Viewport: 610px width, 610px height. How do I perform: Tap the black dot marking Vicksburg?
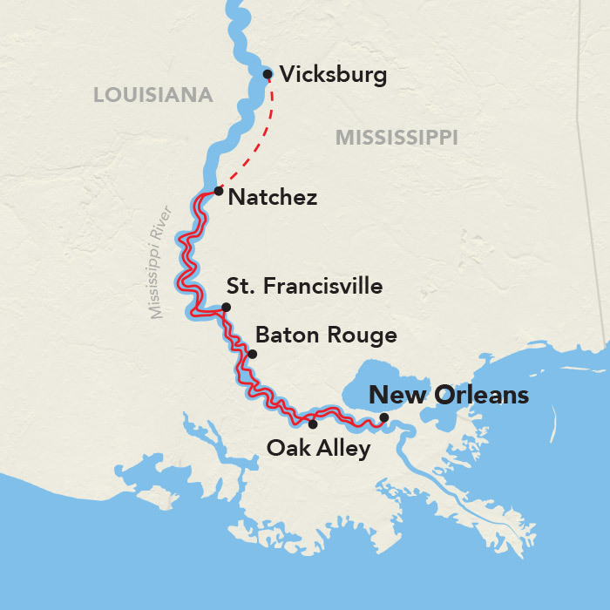(268, 74)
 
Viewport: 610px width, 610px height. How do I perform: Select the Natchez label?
(272, 198)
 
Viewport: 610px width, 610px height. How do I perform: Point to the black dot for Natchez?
(219, 189)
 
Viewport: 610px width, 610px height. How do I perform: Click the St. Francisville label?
(304, 286)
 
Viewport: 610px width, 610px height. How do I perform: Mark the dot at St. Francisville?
(226, 307)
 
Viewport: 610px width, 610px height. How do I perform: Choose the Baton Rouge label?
(326, 335)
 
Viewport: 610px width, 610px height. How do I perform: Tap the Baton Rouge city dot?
(252, 354)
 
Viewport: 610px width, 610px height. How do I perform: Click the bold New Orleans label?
(449, 395)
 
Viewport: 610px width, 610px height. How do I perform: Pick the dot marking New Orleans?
(384, 417)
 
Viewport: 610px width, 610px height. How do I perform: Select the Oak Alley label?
(319, 449)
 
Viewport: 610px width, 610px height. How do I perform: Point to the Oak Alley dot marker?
(313, 424)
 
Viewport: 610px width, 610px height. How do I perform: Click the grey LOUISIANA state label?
(153, 95)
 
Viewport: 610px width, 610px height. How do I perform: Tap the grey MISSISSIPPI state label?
(396, 137)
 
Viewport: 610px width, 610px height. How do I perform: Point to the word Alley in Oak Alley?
(342, 449)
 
